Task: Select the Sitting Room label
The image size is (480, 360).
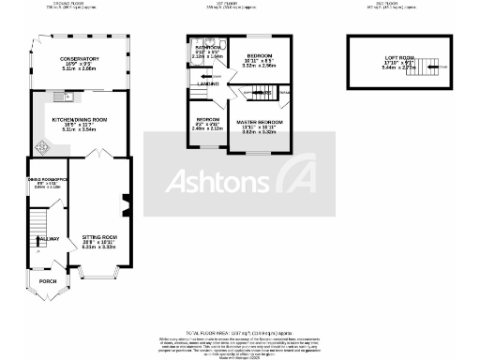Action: [98, 239]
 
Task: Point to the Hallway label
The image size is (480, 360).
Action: [48, 239]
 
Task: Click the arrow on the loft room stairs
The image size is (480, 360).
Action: [434, 67]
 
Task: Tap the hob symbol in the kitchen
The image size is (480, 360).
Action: [40, 147]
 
